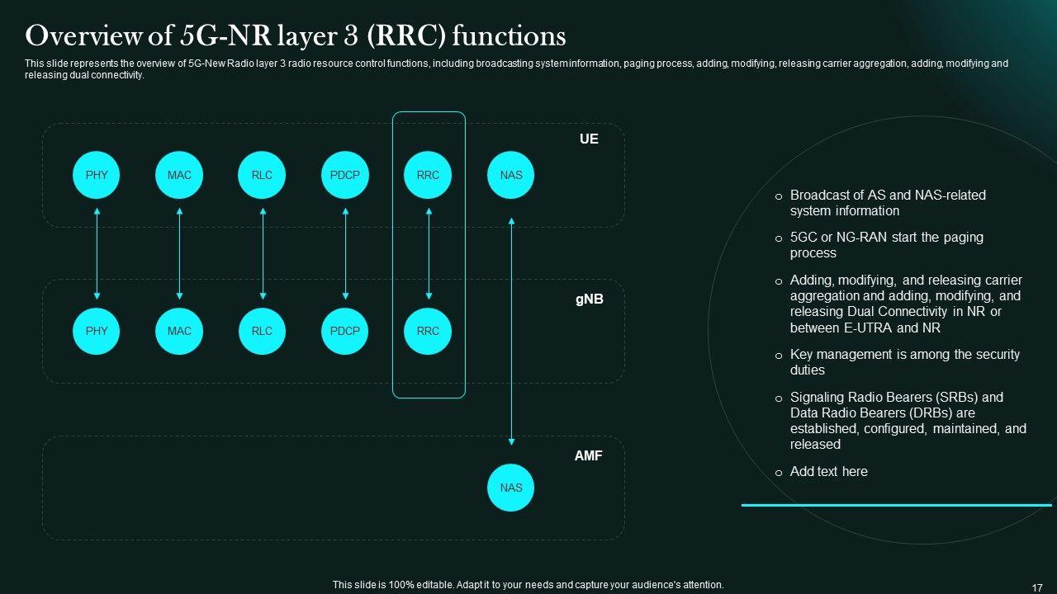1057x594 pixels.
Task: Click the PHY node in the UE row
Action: (x=97, y=175)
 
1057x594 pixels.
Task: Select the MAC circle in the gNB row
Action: (x=179, y=331)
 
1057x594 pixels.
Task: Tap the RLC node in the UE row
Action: (x=262, y=175)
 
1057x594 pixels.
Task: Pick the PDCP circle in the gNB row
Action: (x=345, y=331)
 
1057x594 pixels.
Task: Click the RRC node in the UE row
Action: (x=428, y=175)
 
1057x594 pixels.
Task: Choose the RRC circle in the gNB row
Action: (x=428, y=331)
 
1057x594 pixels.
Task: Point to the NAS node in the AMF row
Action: (x=511, y=488)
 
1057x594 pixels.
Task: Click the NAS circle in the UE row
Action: (x=511, y=175)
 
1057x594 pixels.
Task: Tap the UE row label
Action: (x=589, y=139)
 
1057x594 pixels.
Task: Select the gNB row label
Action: (x=589, y=299)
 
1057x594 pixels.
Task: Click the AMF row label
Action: (x=589, y=455)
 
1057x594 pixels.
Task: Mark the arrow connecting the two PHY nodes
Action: (x=97, y=253)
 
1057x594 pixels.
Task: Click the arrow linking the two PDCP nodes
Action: (x=345, y=253)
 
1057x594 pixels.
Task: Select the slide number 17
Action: (x=1037, y=587)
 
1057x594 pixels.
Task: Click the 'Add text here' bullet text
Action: (x=828, y=472)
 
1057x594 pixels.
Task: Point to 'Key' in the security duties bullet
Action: (x=802, y=355)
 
